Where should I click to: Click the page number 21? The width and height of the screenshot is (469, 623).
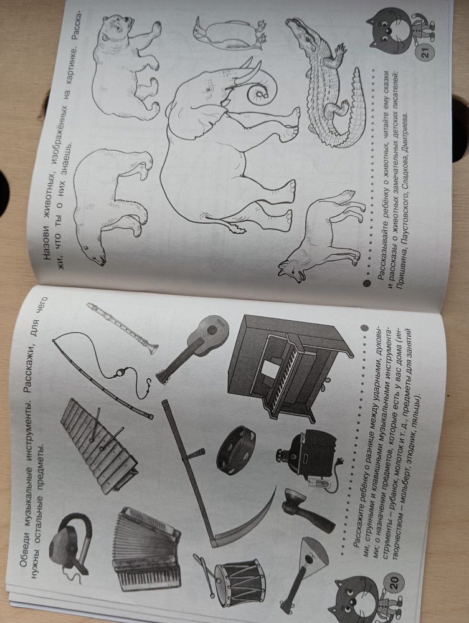(425, 52)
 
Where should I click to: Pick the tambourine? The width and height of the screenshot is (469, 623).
(236, 450)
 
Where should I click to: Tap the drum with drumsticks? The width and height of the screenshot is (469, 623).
(232, 580)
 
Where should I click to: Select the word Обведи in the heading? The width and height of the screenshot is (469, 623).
(24, 547)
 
